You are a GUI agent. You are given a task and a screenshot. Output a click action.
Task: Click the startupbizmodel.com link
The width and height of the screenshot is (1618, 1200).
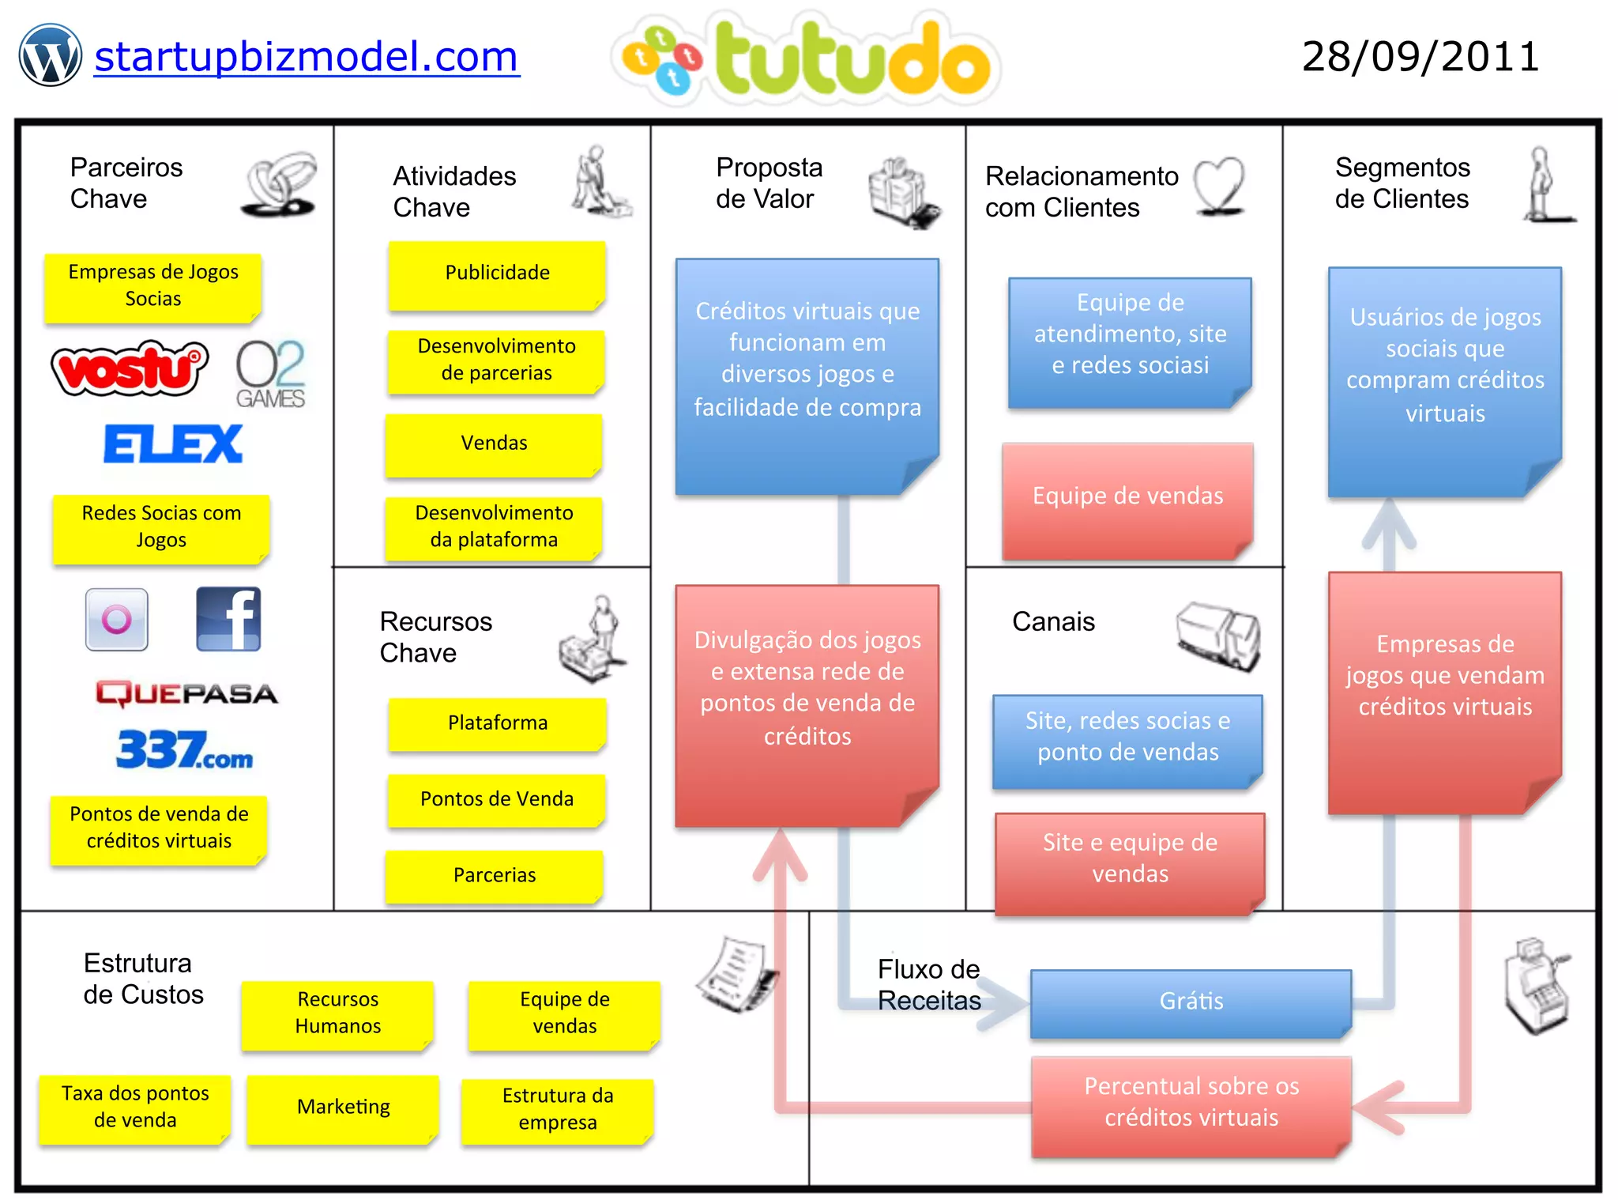click(307, 57)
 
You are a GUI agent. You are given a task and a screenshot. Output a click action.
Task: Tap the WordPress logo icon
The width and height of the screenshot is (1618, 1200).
click(51, 55)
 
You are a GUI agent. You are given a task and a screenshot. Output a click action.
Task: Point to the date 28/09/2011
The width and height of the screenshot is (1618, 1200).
click(1420, 57)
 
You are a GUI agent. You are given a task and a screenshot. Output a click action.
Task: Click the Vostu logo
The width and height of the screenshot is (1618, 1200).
click(129, 368)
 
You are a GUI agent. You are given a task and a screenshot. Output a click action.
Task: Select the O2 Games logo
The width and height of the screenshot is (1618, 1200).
click(270, 373)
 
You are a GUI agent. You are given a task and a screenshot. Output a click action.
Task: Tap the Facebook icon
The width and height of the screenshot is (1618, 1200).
click(228, 619)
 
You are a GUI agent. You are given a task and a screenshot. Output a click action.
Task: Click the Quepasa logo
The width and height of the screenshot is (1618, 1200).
click(186, 693)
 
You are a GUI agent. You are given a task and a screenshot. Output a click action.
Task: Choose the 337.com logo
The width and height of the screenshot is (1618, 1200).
click(185, 749)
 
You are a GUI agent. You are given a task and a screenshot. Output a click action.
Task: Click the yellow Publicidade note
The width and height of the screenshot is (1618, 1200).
click(497, 274)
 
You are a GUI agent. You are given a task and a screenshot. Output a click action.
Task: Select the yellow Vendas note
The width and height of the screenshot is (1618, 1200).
click(494, 443)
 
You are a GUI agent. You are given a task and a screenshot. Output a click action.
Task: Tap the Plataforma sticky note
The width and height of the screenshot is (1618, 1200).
click(497, 723)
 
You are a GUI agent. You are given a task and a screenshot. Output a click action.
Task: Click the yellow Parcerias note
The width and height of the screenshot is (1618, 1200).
click(495, 875)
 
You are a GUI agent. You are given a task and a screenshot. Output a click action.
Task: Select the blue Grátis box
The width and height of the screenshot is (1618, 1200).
click(1191, 1002)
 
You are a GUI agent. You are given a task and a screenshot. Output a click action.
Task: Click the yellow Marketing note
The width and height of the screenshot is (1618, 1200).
click(343, 1108)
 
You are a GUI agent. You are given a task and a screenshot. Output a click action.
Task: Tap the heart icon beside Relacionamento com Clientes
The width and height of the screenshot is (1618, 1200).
click(1219, 186)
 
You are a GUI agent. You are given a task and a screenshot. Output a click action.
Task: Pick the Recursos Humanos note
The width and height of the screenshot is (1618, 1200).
click(337, 1013)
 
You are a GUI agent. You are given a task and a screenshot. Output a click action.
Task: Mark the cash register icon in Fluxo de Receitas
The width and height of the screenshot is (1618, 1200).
click(1537, 986)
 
